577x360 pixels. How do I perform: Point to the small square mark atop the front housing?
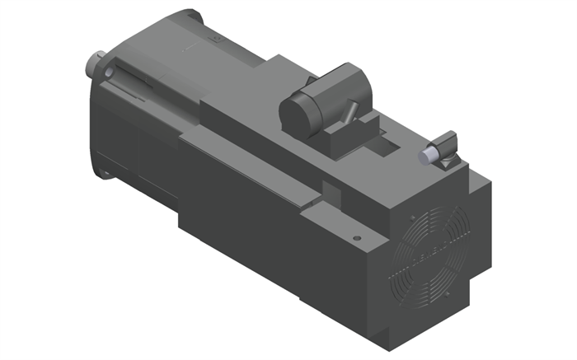point(216,37)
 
